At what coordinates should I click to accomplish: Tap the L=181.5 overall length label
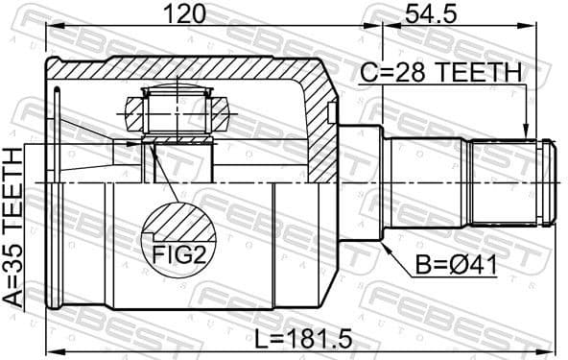coord(305,337)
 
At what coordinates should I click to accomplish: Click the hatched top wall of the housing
coord(182,69)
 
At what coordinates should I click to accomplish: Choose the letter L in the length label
coord(262,337)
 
